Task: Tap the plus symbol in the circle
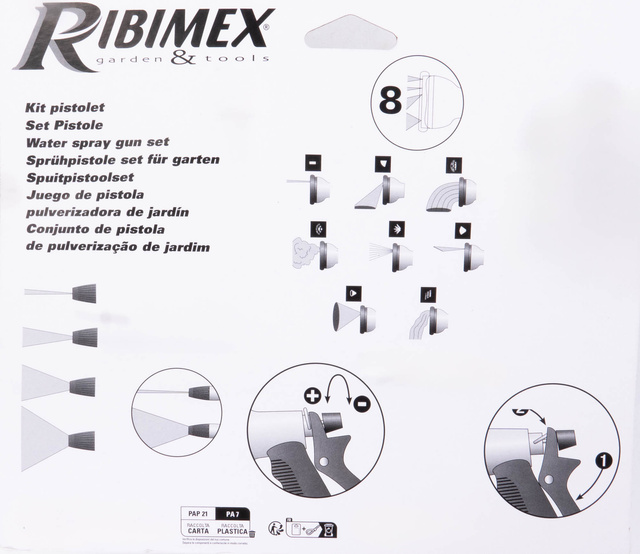click(313, 395)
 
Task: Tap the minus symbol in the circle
click(360, 405)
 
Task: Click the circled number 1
click(603, 462)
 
